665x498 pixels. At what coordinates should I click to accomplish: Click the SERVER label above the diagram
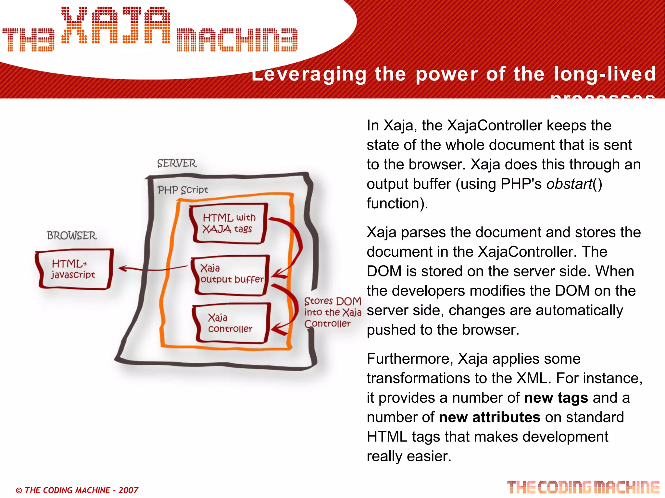177,163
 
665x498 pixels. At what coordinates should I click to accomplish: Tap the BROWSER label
72,236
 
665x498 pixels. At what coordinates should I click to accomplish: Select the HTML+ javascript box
74,269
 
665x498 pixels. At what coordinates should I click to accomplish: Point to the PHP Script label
183,190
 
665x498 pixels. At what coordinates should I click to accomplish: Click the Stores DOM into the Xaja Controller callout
332,312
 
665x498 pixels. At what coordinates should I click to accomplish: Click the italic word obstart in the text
569,184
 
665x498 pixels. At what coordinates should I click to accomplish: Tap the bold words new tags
556,398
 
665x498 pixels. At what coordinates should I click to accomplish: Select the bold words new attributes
489,418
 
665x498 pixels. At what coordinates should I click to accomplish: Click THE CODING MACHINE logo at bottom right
583,487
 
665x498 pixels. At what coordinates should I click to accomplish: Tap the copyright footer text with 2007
77,490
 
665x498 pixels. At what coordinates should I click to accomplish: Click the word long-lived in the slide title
605,74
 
